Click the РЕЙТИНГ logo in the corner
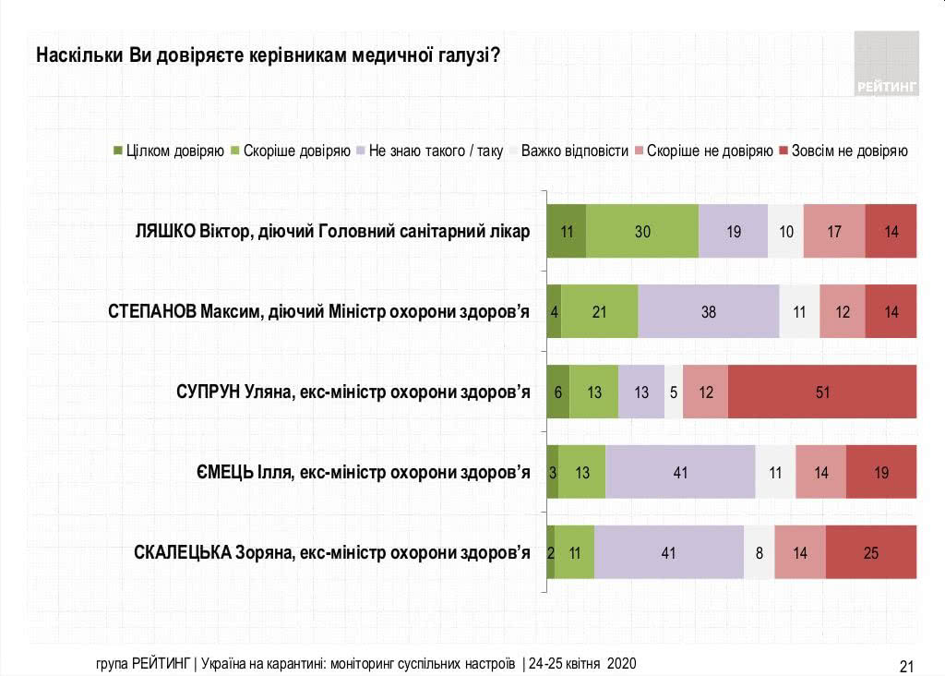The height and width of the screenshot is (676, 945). [x=886, y=63]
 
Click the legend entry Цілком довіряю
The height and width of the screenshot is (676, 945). [x=168, y=151]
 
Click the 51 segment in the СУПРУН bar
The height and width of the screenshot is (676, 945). [x=822, y=392]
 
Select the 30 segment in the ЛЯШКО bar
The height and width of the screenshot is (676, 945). [x=642, y=231]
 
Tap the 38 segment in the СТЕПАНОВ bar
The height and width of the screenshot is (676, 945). [x=708, y=311]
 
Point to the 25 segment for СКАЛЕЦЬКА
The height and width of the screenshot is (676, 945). [x=871, y=552]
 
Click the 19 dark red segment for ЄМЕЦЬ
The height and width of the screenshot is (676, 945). [x=881, y=472]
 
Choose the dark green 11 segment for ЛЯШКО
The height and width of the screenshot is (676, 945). [x=567, y=231]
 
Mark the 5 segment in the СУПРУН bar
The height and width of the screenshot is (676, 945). [x=674, y=392]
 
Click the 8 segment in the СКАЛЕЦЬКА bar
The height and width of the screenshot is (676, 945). [x=759, y=552]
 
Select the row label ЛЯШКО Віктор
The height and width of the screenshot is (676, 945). [x=332, y=231]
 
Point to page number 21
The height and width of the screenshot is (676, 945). [x=905, y=665]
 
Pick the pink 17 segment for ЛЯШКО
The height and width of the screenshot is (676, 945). [x=834, y=231]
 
